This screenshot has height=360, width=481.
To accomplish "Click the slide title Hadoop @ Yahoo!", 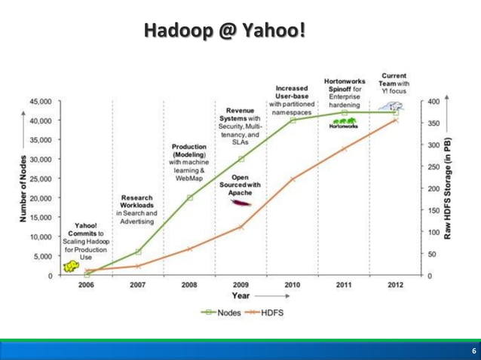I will coord(223,31).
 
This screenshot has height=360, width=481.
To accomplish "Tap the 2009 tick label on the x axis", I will coord(240,285).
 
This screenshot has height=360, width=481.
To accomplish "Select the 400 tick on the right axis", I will coord(431,101).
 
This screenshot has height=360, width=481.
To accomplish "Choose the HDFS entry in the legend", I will coord(264,312).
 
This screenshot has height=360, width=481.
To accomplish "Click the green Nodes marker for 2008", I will coord(189,197).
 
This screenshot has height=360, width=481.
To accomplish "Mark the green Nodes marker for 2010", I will coord(293,120).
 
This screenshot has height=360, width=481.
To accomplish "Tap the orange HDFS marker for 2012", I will coord(395,120).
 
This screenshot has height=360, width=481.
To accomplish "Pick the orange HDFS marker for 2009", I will coord(240,227).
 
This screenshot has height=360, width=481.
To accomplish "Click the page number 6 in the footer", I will coord(473,351).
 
